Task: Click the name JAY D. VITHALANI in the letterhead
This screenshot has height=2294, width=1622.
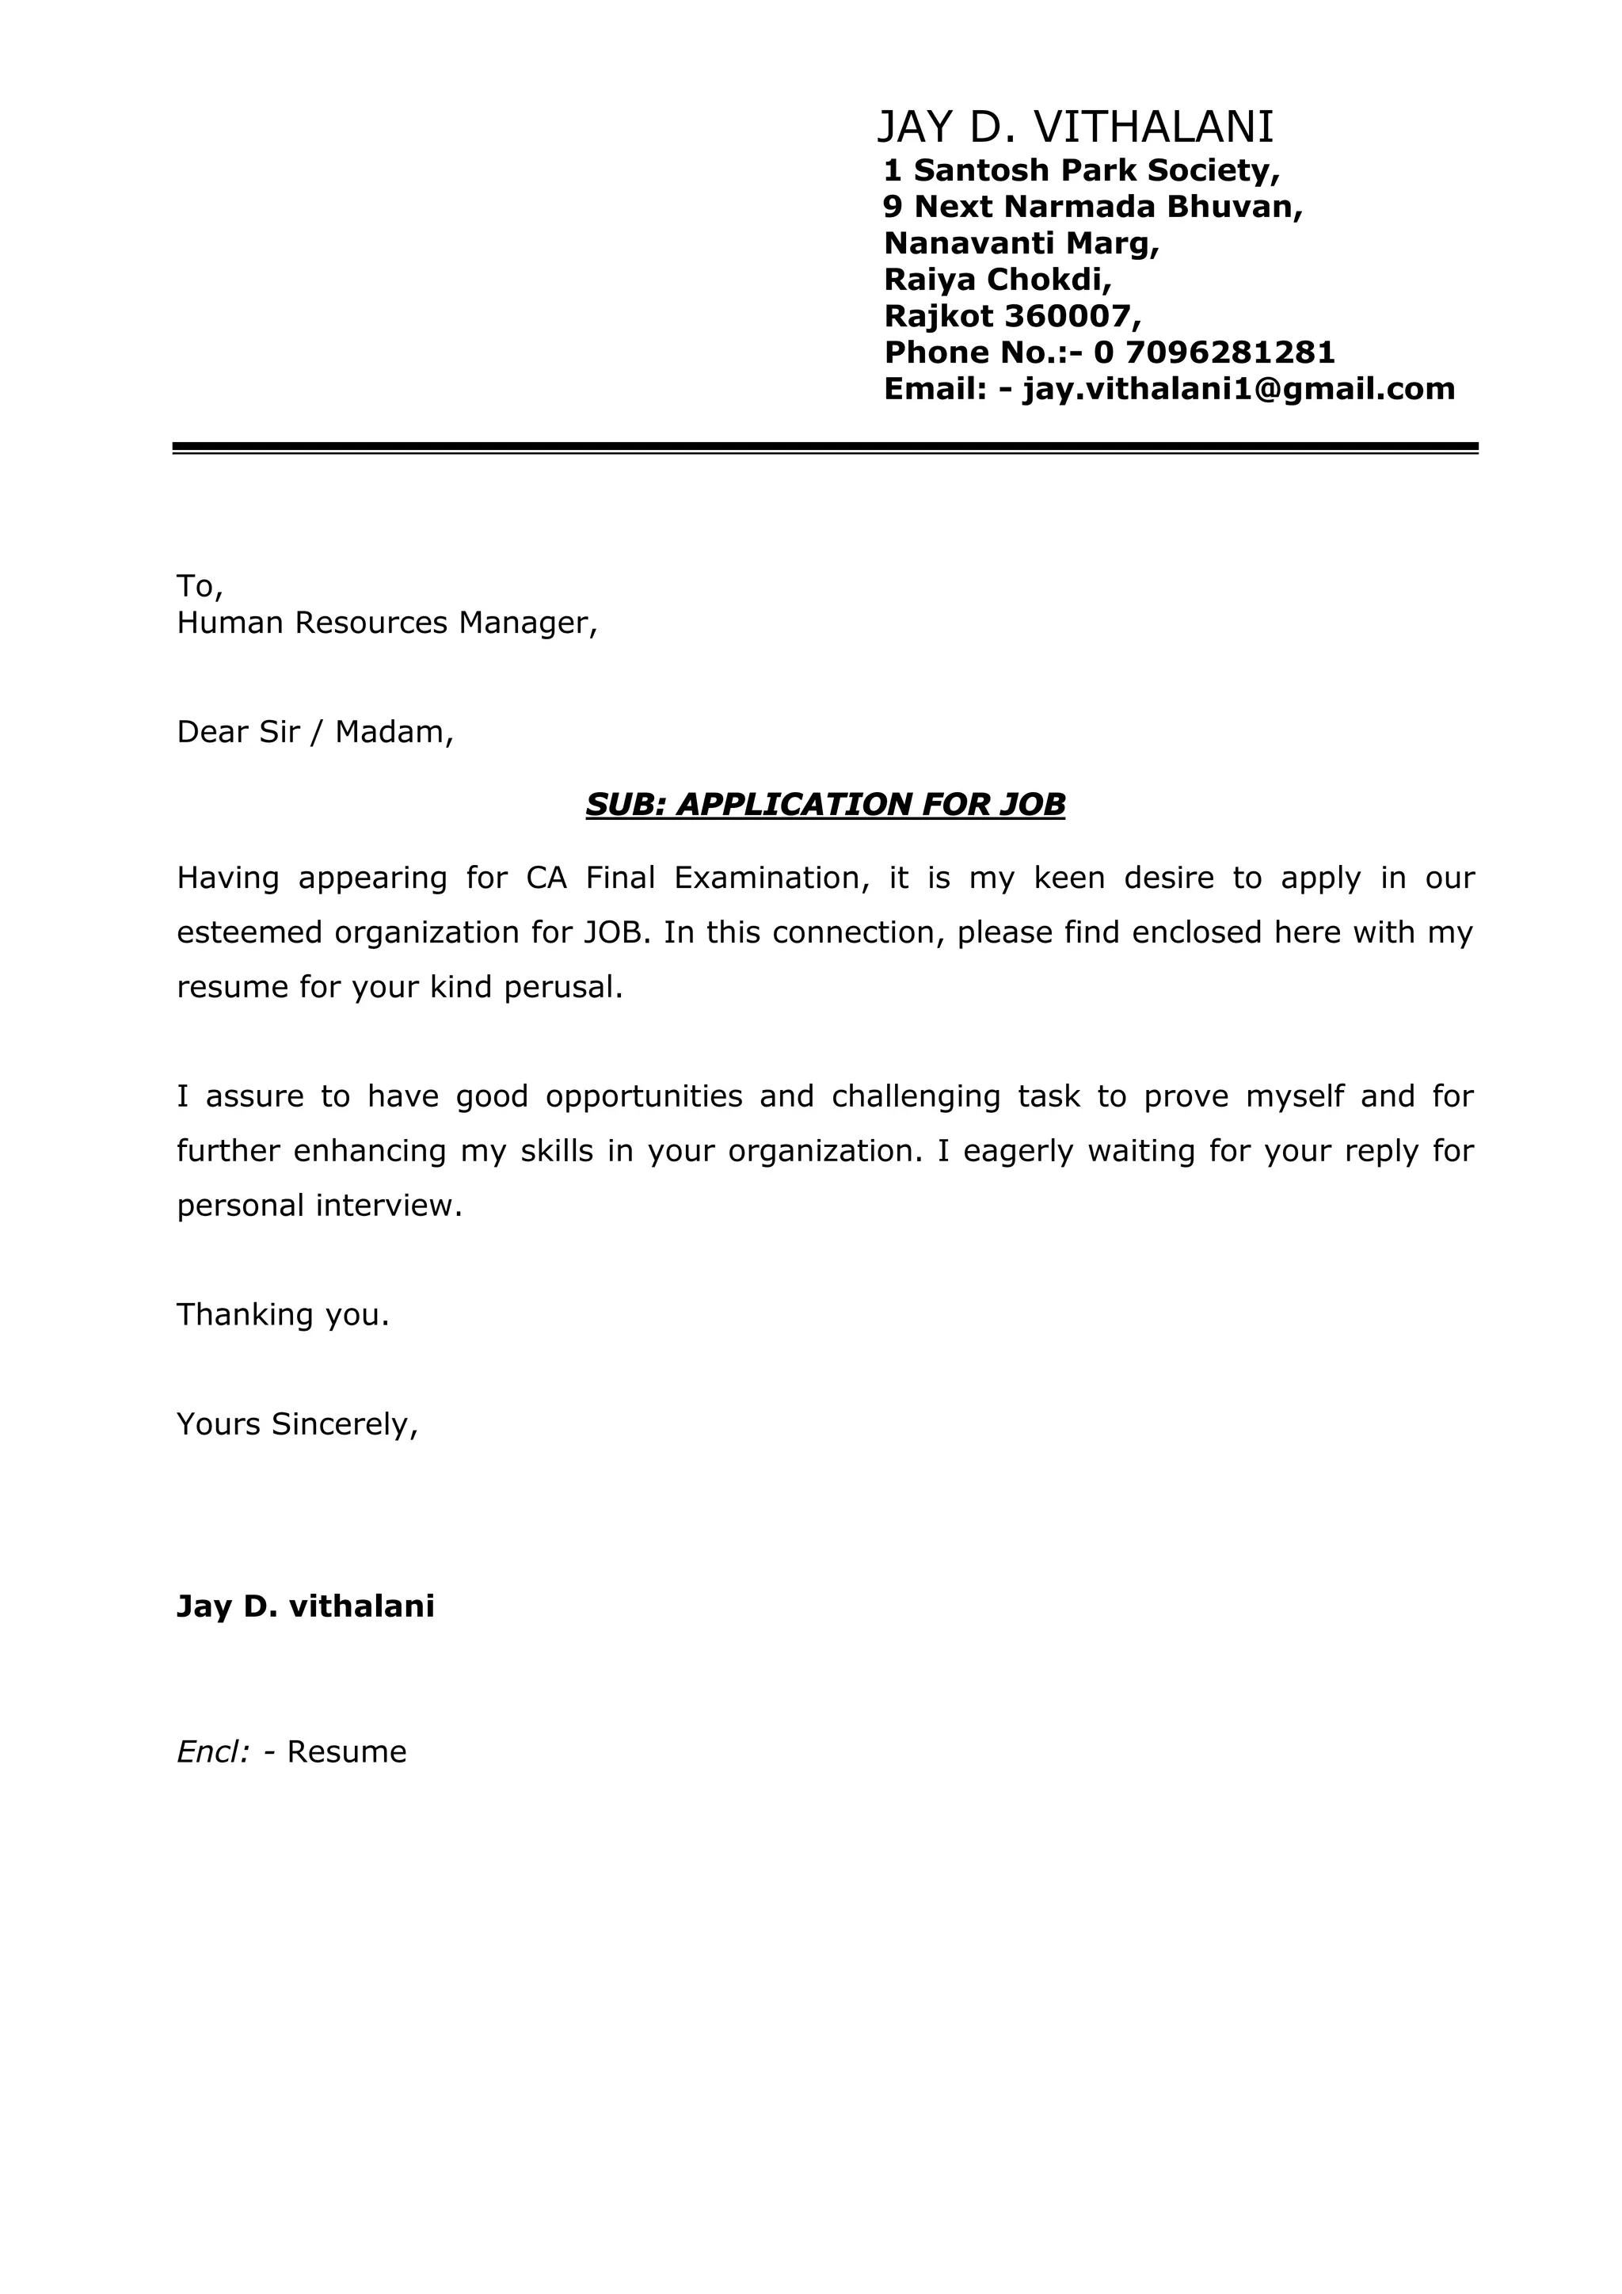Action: click(x=1075, y=128)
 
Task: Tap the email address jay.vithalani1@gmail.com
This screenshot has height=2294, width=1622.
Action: click(x=1239, y=389)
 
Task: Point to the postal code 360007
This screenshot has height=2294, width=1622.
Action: click(x=1068, y=317)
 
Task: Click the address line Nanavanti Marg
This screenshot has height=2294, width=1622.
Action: click(x=1022, y=243)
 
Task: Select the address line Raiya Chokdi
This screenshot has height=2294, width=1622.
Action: click(x=998, y=280)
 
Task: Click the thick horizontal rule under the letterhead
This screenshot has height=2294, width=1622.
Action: click(x=825, y=447)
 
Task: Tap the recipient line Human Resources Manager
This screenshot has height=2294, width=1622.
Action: click(x=386, y=623)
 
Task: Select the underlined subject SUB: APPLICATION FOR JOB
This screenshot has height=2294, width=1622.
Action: click(x=825, y=804)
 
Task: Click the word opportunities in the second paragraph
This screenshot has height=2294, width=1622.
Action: click(x=643, y=1097)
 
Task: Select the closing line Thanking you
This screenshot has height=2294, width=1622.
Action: click(x=283, y=1315)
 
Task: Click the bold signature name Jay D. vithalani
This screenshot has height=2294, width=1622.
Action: click(x=306, y=1606)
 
